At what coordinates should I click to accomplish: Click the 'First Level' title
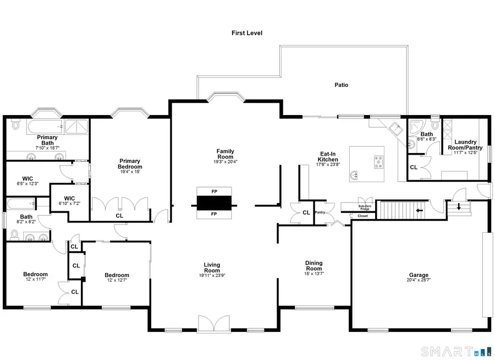coord(247,33)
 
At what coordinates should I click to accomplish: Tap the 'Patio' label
coord(342,85)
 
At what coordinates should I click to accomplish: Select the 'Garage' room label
coord(419,275)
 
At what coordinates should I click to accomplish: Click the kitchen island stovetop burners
coord(379,161)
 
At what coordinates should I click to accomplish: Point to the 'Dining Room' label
coord(313,266)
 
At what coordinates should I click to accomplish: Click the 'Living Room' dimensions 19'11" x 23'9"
coord(212,276)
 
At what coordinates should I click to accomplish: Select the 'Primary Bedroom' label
coord(130,164)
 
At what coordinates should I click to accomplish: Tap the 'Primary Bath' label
coord(47,140)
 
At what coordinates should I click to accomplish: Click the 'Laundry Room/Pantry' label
coord(465,145)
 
